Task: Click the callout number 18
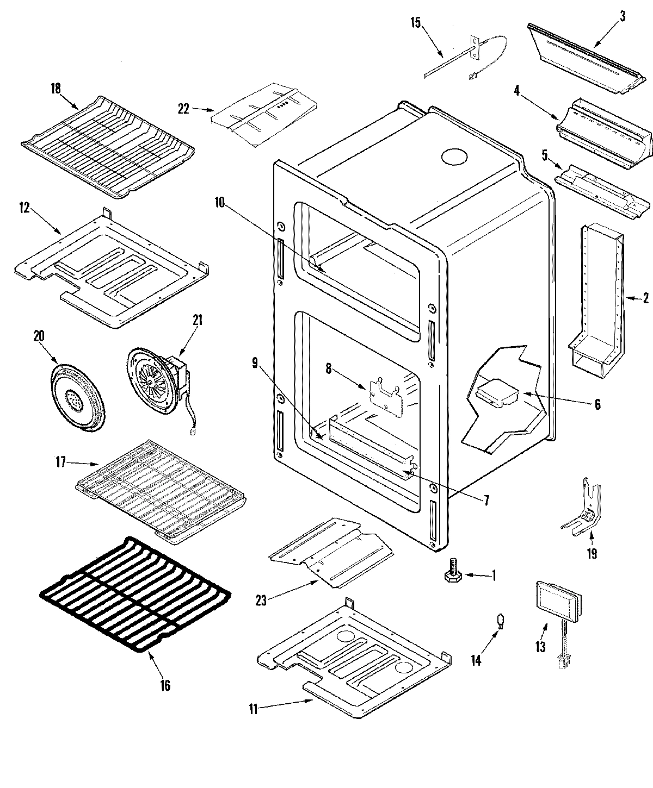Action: pos(56,89)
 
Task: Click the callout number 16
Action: pos(165,685)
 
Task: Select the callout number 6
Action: pos(597,404)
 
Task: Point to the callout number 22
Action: pos(183,109)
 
